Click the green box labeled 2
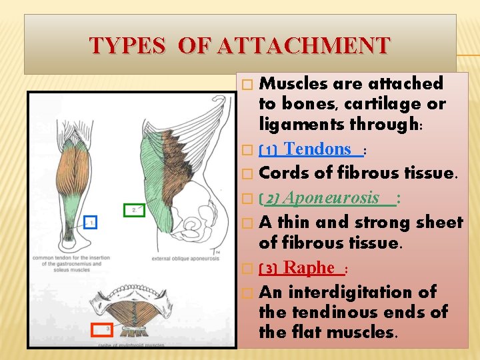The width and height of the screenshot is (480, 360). tap(135, 209)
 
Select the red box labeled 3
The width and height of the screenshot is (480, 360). tap(101, 329)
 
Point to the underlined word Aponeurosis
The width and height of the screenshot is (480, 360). tap(340, 198)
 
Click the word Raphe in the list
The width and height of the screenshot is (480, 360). tap(309, 268)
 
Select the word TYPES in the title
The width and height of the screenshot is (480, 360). tap(127, 45)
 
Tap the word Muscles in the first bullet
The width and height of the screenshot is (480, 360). tap(293, 84)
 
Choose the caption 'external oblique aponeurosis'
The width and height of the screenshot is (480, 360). tap(185, 259)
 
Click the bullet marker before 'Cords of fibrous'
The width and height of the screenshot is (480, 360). tap(248, 174)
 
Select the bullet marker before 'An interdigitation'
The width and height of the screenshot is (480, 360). tap(248, 293)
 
